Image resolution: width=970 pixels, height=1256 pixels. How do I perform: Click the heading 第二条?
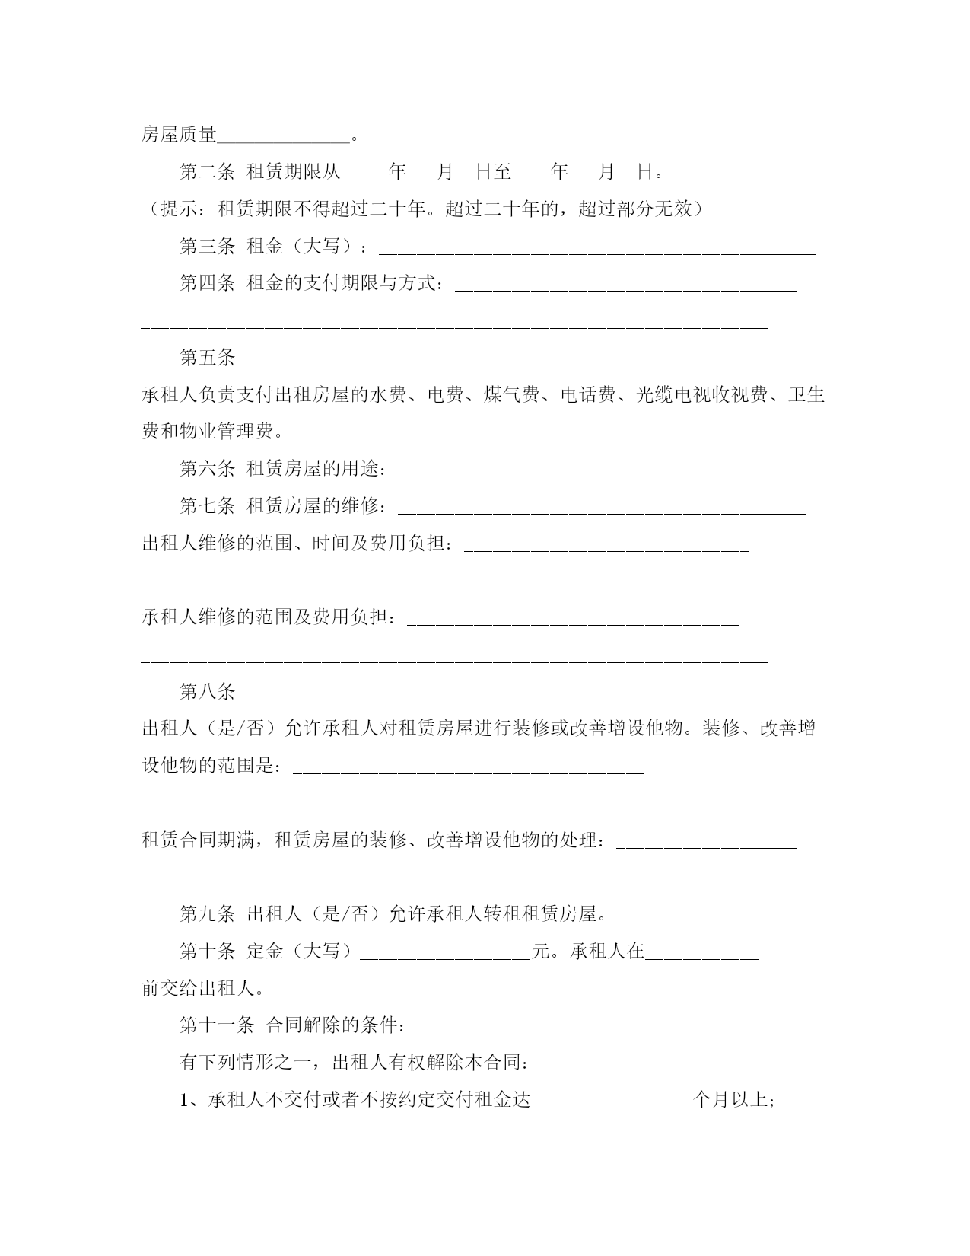pos(207,172)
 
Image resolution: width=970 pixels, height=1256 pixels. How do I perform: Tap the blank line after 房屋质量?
pos(284,137)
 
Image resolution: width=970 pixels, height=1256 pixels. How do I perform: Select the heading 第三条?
pos(207,247)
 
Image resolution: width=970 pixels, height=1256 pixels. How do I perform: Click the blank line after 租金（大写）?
pos(596,250)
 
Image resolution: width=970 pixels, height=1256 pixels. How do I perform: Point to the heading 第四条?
pos(207,284)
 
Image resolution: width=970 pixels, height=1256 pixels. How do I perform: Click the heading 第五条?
pos(207,358)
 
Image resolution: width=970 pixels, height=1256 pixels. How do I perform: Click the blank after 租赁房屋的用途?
pos(596,472)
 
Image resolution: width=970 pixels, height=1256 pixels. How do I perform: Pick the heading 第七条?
pos(207,506)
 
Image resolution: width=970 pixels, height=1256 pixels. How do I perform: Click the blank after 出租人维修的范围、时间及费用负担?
pos(606,547)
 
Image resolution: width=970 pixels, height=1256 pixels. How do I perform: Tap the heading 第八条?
pos(207,692)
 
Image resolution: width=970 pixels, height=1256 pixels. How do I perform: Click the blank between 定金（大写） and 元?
pos(444,953)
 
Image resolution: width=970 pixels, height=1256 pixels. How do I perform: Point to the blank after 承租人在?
pos(701,953)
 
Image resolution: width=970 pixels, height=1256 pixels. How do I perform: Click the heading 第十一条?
pos(217,1025)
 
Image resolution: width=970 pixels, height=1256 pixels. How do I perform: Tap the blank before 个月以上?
pos(611,1101)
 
